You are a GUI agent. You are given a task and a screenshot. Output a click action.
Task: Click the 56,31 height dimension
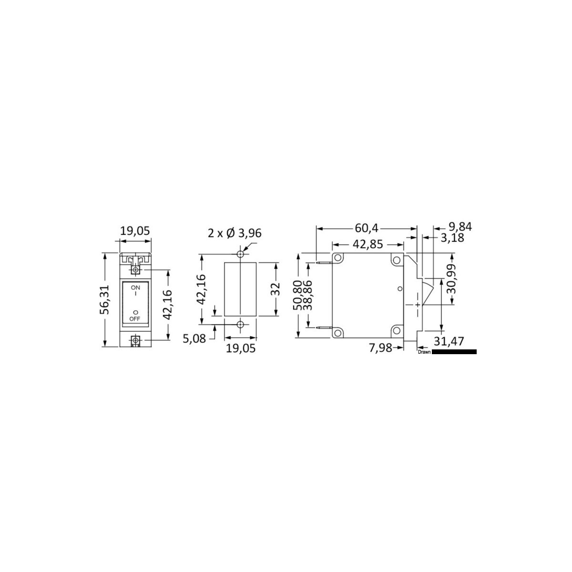coord(104,300)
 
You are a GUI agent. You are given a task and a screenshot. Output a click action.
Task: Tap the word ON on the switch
coord(135,287)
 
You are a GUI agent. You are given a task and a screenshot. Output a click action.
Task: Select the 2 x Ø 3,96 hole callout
coord(235,233)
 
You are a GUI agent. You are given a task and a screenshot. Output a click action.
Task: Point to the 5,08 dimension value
coord(194,339)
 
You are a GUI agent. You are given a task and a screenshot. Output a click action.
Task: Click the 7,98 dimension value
coord(380,348)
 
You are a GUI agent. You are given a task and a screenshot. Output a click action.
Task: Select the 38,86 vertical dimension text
coord(309,296)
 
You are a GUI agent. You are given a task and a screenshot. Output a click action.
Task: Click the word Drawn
coord(424,352)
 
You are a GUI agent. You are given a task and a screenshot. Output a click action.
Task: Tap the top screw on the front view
coord(136,270)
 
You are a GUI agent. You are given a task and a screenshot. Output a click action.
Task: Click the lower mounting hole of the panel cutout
coord(241,325)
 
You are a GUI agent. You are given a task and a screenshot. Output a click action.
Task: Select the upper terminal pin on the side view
coord(324,262)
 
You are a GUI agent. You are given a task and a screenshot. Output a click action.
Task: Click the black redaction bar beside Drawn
coord(454,352)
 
